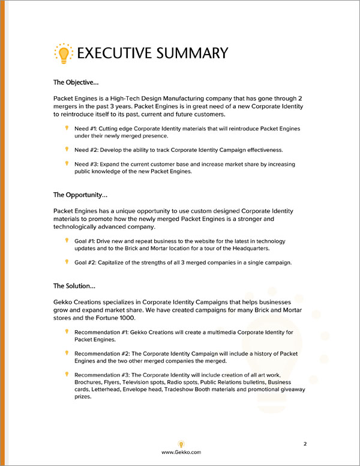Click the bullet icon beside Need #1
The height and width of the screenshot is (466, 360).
point(67,129)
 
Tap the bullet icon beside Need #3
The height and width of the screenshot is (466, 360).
point(67,164)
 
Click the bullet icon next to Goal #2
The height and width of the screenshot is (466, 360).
point(67,261)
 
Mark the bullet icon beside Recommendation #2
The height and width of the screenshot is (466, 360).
point(67,353)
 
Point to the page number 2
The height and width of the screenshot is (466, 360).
point(305,444)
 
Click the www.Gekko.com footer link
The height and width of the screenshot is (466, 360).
point(181,452)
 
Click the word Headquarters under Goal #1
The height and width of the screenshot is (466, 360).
point(248,248)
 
